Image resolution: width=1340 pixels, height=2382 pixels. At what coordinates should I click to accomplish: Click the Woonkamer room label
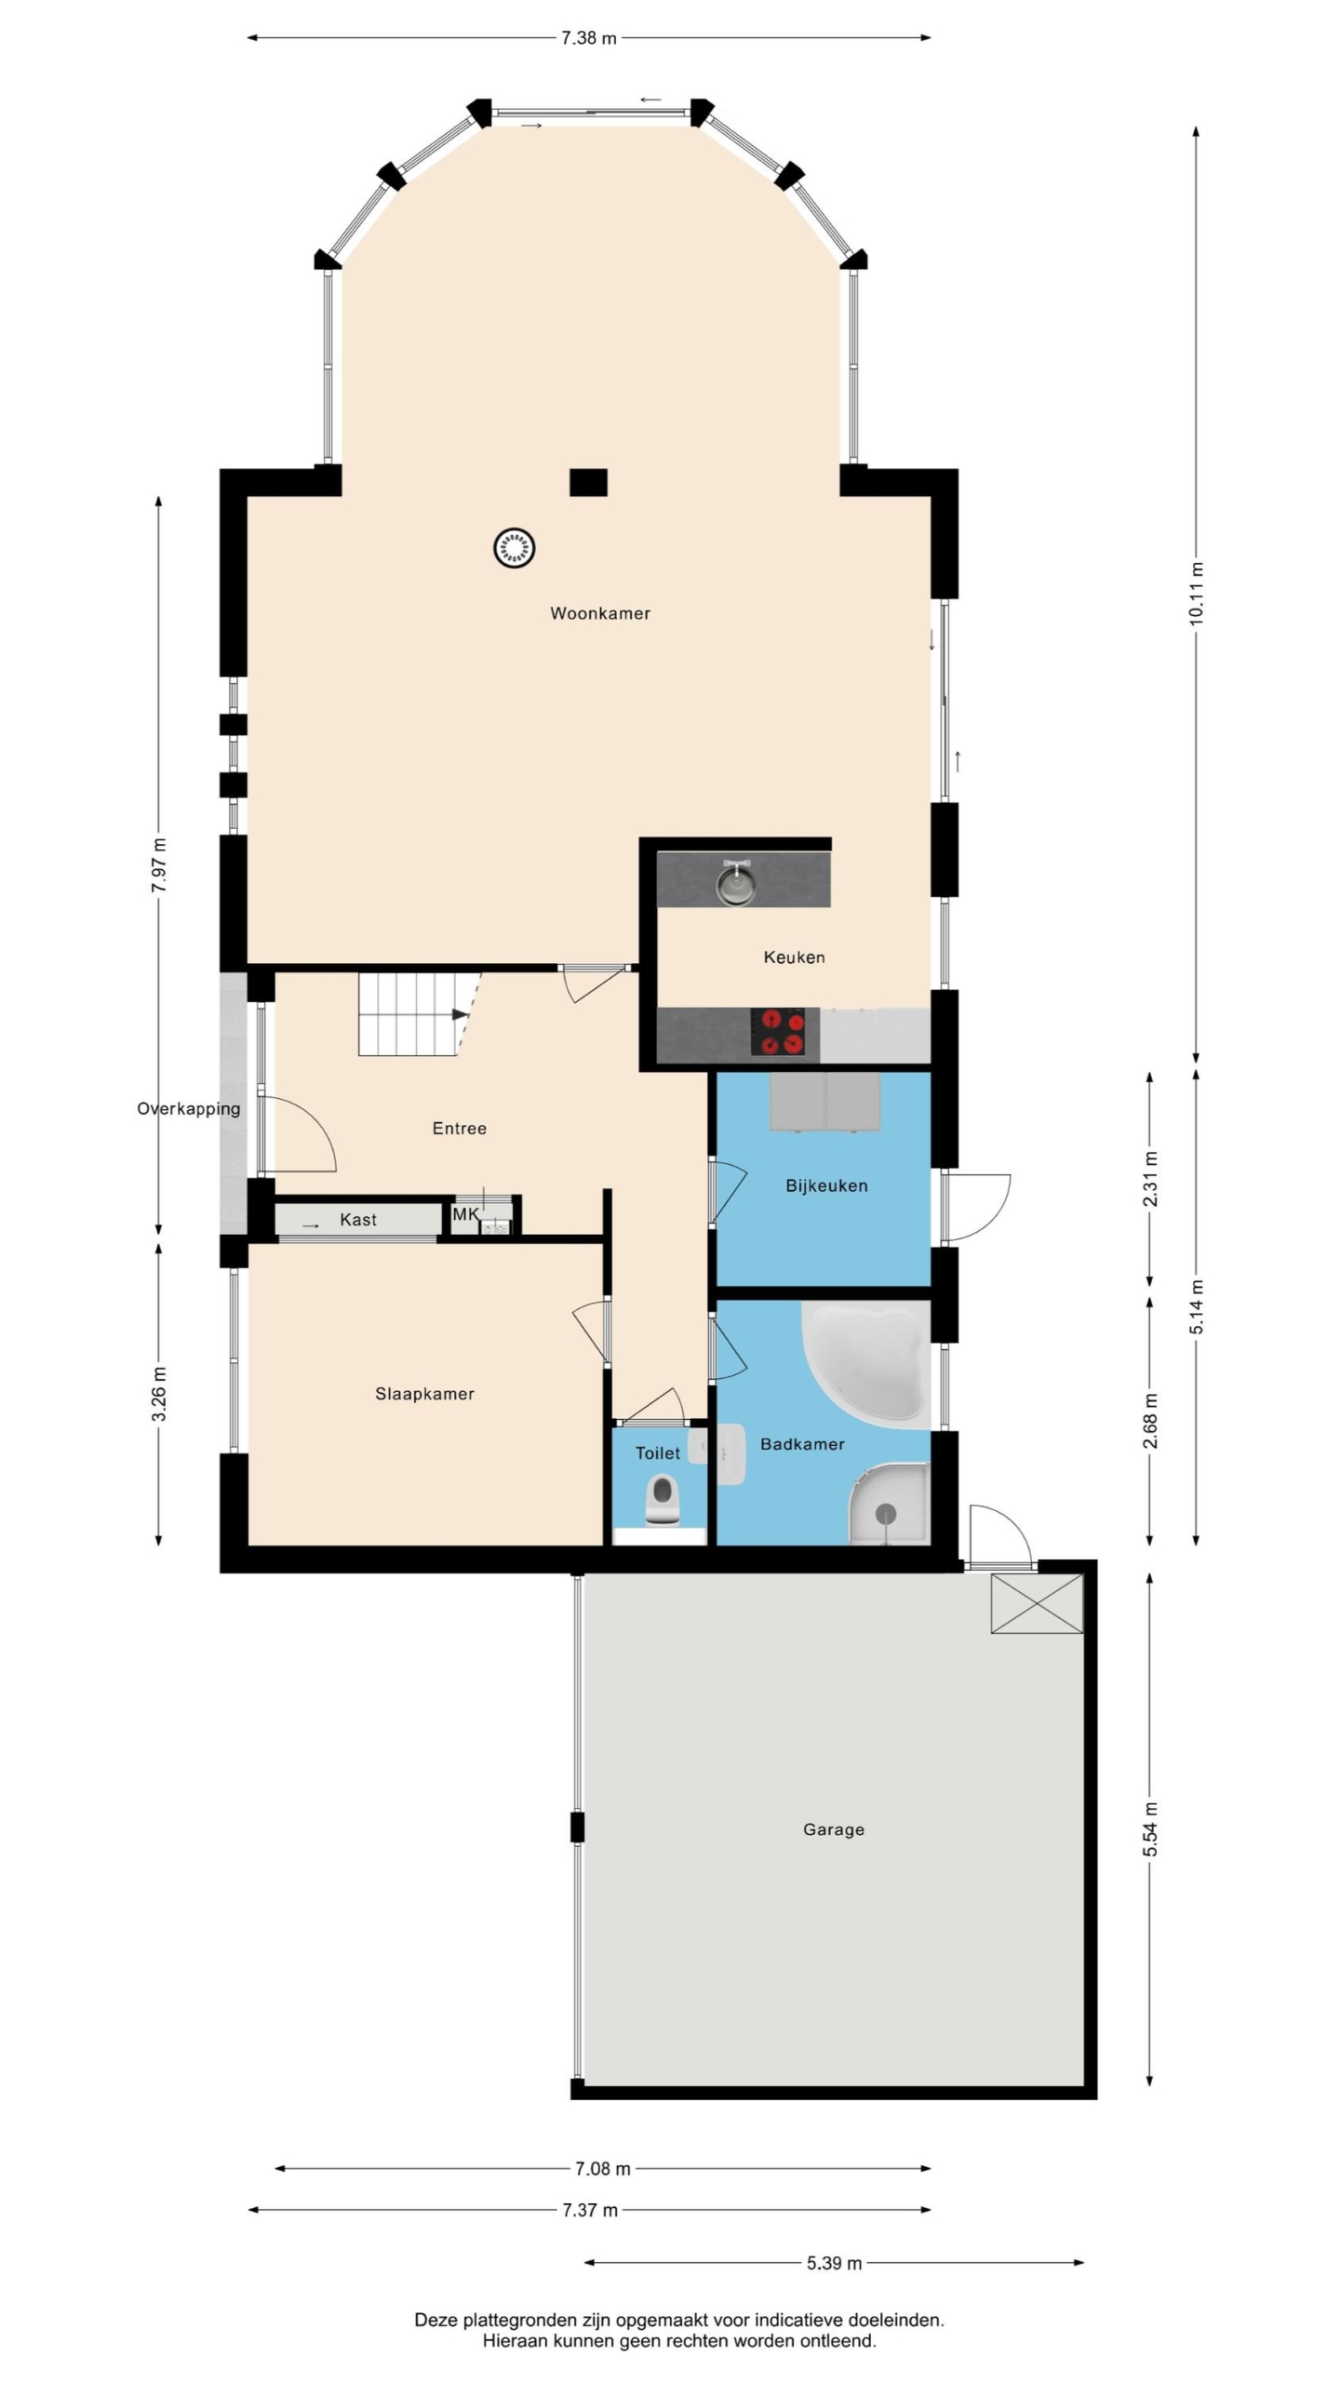599,613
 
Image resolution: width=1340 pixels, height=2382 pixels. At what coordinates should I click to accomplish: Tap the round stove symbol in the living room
514,547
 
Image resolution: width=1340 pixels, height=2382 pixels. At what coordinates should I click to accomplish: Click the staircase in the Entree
419,1013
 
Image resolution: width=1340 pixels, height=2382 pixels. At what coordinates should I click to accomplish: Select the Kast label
358,1219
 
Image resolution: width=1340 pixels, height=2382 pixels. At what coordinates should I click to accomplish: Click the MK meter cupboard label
465,1213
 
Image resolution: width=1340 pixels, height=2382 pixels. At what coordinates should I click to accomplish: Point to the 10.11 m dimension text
1197,594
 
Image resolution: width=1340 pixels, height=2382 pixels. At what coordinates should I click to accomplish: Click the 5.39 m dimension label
834,2263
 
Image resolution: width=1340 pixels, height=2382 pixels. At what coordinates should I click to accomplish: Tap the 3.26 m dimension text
159,1394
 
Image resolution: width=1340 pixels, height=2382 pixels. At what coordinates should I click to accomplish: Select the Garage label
834,1829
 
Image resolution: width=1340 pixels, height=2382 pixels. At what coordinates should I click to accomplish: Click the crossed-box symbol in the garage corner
1037,1603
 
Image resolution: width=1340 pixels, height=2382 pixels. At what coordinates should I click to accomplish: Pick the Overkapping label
189,1108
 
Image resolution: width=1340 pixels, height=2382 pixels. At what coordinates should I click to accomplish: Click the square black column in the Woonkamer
588,482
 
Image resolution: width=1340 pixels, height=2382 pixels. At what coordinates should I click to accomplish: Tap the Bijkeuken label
826,1185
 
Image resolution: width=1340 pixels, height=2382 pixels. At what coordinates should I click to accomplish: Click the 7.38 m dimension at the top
588,38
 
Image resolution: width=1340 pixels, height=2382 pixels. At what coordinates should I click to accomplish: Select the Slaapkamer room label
424,1394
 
